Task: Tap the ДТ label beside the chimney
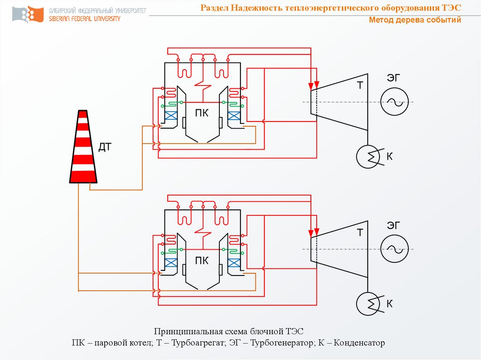(105, 147)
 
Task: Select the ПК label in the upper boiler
(202, 113)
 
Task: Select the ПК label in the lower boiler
(202, 261)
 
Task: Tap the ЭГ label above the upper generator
(395, 78)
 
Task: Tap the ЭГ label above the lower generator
(395, 226)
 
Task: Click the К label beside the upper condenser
(389, 156)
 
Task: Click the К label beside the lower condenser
(389, 304)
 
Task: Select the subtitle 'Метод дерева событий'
(415, 20)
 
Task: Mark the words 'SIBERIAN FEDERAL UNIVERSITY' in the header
(85, 19)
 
